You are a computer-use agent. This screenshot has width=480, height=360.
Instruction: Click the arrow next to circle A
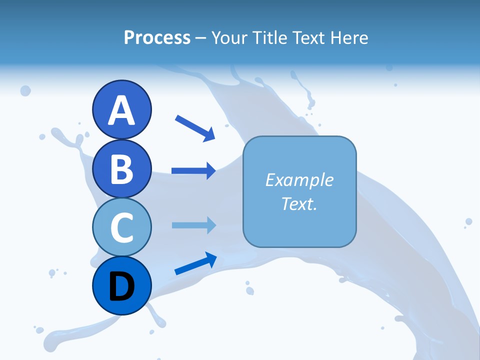coord(195,128)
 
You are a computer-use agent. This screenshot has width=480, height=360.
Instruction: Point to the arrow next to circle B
coord(193,171)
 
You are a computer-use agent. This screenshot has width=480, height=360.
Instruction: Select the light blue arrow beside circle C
coord(193,225)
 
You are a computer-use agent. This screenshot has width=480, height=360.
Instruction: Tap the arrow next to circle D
coord(195,263)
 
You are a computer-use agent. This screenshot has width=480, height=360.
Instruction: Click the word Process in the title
coord(157,38)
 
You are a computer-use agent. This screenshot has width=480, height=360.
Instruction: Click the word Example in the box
coord(299,180)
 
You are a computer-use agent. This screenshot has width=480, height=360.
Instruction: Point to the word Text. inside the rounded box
coord(299,203)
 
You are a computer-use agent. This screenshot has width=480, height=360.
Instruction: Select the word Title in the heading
coord(267,38)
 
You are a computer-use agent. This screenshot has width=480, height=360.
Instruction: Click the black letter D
coord(122,287)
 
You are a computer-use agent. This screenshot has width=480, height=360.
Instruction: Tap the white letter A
coord(122,110)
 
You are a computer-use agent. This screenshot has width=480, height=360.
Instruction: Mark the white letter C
coord(122,228)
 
